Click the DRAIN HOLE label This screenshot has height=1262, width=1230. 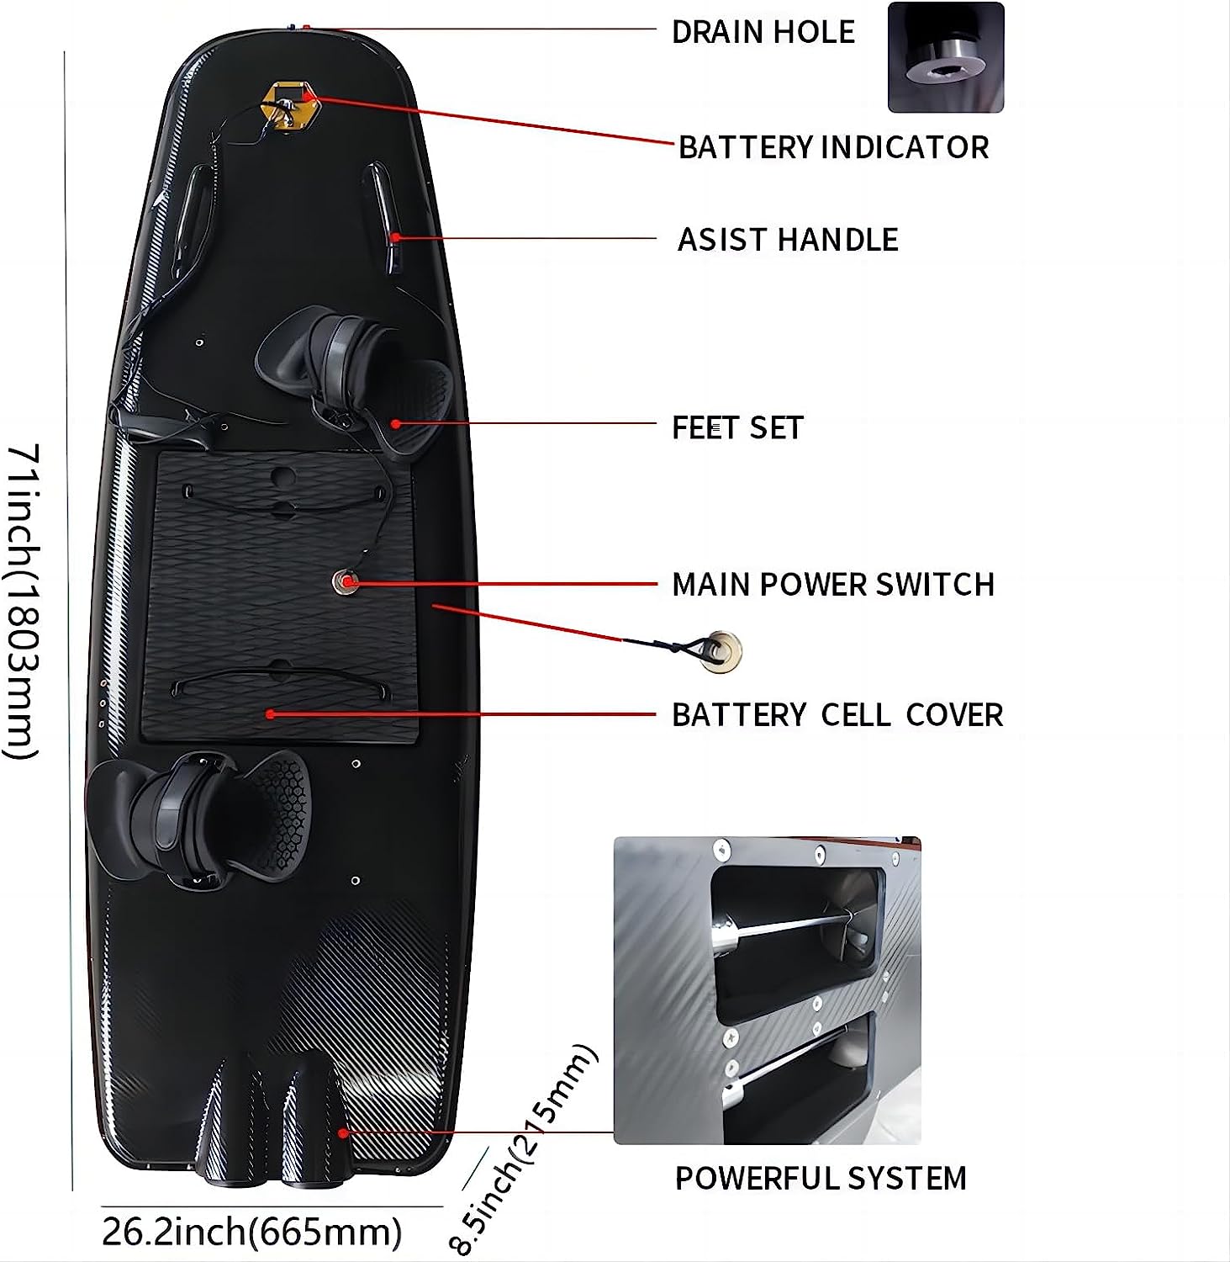763,32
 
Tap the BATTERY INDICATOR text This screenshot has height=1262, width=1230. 833,147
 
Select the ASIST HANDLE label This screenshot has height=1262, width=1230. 788,240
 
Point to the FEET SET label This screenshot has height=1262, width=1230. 737,427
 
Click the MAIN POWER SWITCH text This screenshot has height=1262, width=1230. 833,584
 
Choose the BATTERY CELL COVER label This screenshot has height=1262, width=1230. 837,715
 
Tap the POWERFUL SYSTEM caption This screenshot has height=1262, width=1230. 821,1178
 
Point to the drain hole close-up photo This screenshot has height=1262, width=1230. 946,57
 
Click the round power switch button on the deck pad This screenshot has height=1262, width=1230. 344,581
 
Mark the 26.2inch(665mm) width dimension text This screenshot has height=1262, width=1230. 252,1232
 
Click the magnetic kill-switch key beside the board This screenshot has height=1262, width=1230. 721,648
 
